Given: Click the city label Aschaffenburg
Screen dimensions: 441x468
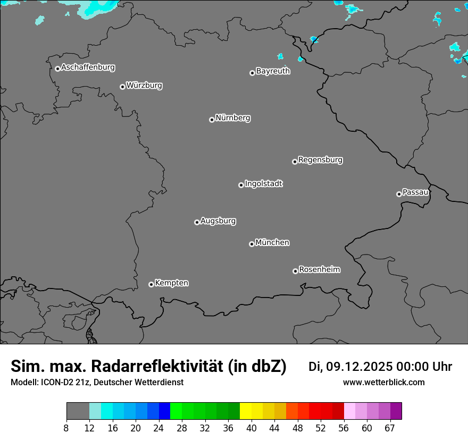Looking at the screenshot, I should tap(88, 67).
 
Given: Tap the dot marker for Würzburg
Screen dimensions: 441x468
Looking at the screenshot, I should tap(122, 87).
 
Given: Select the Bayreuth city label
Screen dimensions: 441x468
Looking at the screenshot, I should tap(273, 71).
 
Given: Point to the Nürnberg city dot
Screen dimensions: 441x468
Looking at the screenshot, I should tap(212, 120).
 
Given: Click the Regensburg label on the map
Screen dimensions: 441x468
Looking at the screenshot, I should tap(320, 159).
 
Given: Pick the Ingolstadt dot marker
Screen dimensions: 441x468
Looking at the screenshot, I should tap(241, 185).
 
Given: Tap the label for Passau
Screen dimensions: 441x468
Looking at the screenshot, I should tap(415, 192).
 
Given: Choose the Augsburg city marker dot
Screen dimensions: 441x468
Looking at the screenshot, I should tap(197, 222).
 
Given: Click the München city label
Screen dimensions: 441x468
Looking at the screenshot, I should tap(272, 242).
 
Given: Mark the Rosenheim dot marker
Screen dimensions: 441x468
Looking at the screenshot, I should tap(295, 272).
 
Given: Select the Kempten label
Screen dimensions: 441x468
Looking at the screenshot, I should tap(171, 283).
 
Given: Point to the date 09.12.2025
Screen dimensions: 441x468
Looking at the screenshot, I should tap(359, 367).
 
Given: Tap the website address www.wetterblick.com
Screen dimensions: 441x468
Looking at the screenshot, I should tap(383, 382).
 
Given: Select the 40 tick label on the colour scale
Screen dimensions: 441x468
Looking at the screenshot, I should tap(252, 428).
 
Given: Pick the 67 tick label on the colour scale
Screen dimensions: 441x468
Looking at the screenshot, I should tap(390, 428).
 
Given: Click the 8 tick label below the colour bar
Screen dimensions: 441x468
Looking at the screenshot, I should tap(66, 428).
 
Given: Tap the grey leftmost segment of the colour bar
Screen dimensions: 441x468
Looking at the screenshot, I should tap(78, 411).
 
